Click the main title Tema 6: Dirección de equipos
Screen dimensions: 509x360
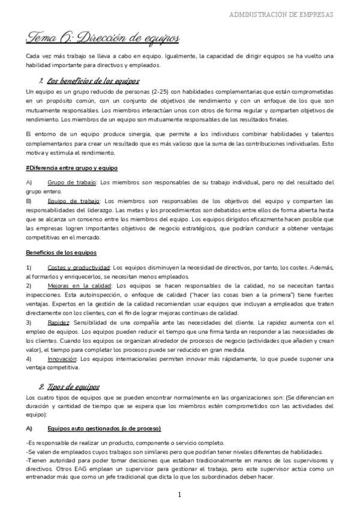[x=103, y=38]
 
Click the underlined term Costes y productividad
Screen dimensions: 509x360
[x=78, y=267]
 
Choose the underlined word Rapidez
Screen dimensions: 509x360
[x=58, y=322]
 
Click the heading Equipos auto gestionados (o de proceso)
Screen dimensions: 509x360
[x=103, y=428]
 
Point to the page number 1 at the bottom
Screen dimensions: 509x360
[x=179, y=495]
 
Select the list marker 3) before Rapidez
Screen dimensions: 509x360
[x=29, y=322]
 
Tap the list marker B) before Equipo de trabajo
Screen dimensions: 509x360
[x=29, y=201]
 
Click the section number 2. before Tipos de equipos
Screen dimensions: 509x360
[x=42, y=387]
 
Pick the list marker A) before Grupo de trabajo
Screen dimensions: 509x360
[x=29, y=182]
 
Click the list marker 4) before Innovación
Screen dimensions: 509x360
[x=29, y=359]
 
